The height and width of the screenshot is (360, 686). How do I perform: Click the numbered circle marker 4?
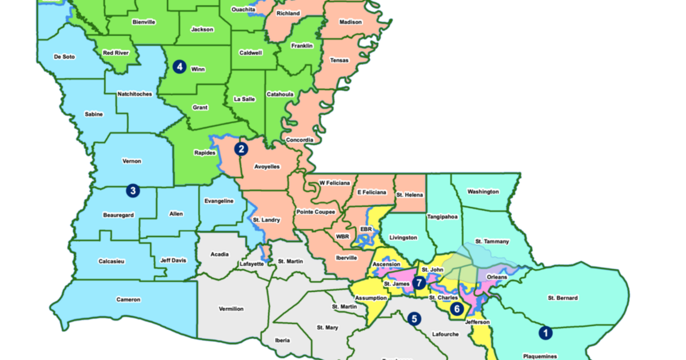coord(180,67)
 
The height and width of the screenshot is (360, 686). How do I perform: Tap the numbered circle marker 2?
coord(241,149)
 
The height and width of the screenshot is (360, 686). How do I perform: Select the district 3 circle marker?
coord(133,190)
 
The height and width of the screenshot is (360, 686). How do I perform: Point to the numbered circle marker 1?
coord(545,331)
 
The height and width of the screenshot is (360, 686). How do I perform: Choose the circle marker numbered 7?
coord(420,282)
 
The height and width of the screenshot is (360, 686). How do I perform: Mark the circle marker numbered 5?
coord(414,318)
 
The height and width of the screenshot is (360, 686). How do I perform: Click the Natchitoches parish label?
coord(135,94)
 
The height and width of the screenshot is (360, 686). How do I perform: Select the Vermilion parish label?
coord(232,309)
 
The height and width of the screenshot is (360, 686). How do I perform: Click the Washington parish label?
coord(483,191)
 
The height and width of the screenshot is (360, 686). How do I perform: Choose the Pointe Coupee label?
coord(316,212)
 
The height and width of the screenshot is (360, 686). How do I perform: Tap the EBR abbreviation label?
coord(366,229)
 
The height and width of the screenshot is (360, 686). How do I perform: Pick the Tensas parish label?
coord(339,60)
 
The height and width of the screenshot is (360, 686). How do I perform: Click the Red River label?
coord(116,53)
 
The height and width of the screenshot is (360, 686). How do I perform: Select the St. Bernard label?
coord(563,298)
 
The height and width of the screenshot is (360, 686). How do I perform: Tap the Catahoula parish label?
coord(280,94)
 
